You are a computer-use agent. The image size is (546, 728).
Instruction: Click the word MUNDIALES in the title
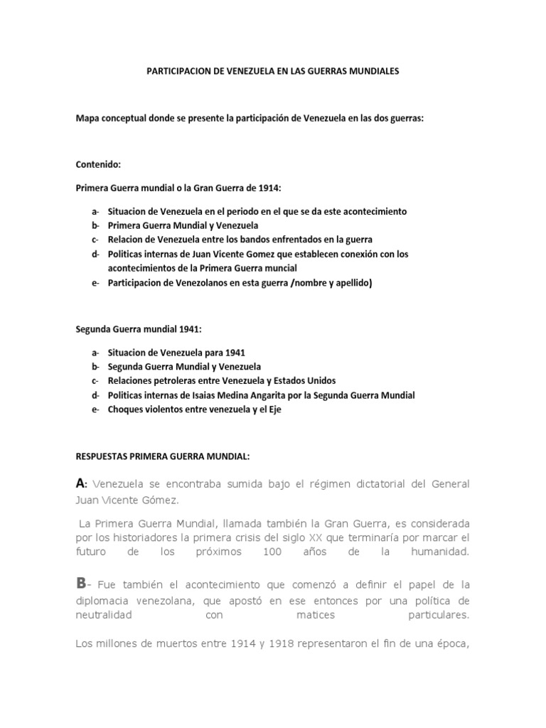[370, 71]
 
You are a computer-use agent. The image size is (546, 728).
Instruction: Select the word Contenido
[98, 164]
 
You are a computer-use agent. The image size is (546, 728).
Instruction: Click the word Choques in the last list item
[124, 409]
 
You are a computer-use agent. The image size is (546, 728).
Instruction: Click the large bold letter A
[80, 483]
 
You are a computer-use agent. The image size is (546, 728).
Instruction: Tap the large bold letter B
[80, 583]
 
